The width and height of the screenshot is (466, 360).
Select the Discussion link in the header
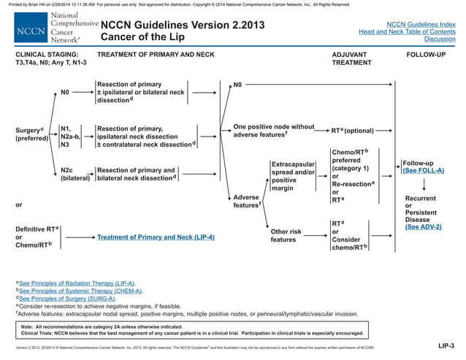click(439, 39)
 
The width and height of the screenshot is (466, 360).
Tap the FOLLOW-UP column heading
click(425, 55)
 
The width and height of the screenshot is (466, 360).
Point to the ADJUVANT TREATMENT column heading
click(351, 58)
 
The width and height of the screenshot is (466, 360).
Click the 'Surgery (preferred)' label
click(30, 134)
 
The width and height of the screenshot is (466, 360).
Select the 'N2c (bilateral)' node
click(75, 174)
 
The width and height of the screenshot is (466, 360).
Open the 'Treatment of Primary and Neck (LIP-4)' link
click(156, 237)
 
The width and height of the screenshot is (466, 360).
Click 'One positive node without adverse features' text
click(272, 130)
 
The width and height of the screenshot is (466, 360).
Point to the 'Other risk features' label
click(286, 235)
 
